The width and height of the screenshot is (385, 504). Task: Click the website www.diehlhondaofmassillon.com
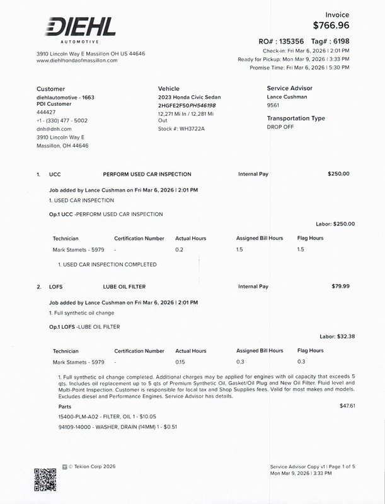click(x=78, y=60)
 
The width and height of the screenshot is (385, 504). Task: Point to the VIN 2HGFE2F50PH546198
click(x=187, y=105)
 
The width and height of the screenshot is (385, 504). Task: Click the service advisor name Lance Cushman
click(x=287, y=97)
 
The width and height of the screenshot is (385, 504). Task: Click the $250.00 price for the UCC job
click(x=338, y=173)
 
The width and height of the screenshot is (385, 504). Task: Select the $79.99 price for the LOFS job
click(x=340, y=287)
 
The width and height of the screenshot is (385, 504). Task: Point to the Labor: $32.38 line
click(x=337, y=336)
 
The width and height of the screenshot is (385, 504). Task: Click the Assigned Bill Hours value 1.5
click(x=239, y=249)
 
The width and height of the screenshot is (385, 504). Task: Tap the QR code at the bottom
click(x=45, y=480)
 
